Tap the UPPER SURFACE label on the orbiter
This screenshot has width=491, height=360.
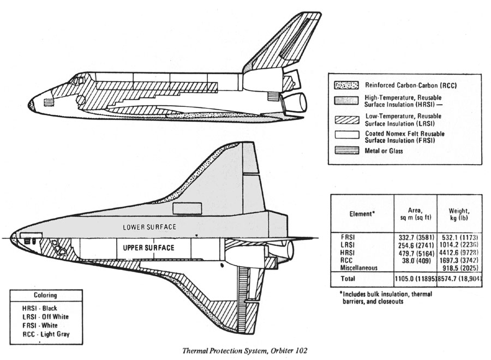tap(148, 248)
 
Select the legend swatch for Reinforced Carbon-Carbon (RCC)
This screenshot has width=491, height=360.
tap(347, 86)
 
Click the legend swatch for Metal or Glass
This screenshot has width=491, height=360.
tap(347, 151)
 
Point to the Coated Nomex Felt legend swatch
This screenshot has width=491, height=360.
tap(347, 134)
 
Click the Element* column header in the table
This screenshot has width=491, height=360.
tap(362, 214)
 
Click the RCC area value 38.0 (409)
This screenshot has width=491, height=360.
tap(415, 260)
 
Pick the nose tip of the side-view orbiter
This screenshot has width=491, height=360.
tap(29, 103)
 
